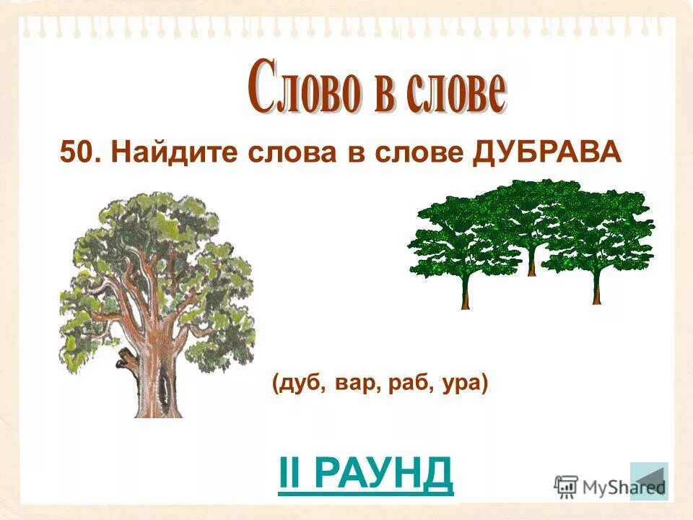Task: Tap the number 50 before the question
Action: (x=77, y=153)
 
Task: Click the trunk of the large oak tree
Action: (x=148, y=383)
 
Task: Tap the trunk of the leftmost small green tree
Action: (x=466, y=292)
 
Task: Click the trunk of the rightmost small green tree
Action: (x=596, y=289)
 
